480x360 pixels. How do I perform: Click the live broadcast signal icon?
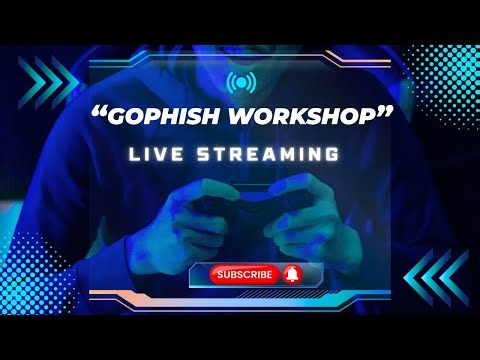click(239, 81)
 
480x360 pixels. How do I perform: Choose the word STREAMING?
click(275, 155)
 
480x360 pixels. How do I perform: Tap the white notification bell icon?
click(292, 273)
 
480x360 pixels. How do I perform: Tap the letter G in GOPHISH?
click(119, 117)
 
